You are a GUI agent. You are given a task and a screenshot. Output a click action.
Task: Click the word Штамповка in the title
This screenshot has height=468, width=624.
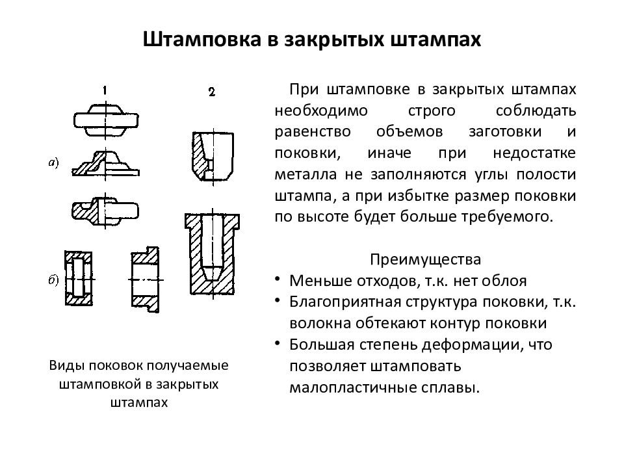click(x=201, y=39)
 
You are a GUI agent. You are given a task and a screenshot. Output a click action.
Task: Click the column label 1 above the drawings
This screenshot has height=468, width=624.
click(x=105, y=91)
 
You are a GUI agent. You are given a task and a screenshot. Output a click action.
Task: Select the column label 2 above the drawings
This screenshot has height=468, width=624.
click(x=212, y=92)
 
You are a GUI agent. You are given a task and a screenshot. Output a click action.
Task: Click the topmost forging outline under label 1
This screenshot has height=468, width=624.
click(x=106, y=120)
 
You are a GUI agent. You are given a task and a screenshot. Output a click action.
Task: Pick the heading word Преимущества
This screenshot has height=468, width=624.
click(x=425, y=259)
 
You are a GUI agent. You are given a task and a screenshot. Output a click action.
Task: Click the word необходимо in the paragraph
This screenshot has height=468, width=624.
click(x=321, y=110)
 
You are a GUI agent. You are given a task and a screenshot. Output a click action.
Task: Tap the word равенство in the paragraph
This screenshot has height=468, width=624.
click(x=313, y=132)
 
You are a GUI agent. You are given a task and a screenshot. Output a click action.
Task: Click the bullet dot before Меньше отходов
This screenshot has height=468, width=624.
click(x=278, y=279)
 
